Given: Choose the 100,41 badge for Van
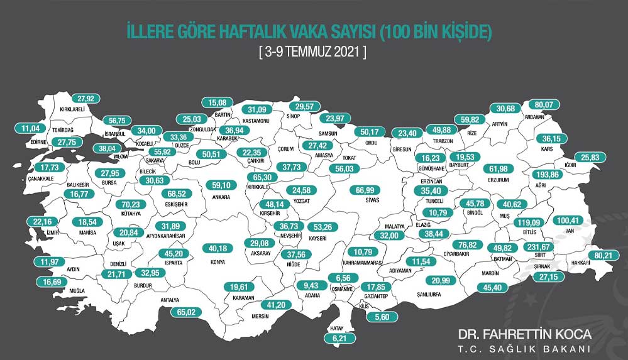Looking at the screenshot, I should (569, 221).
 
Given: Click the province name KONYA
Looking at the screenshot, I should (219, 261).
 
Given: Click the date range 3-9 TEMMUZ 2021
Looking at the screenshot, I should (312, 52).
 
